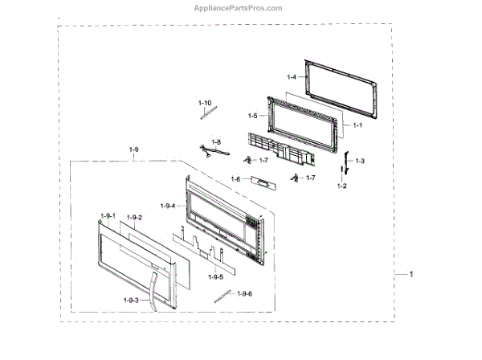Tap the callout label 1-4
pos(291,77)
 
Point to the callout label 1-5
pos(252,116)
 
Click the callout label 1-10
pos(205,103)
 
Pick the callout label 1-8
pos(216,141)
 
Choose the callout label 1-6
pos(235,178)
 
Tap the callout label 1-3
pos(361,162)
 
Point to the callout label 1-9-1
pos(109,216)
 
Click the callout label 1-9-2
pos(134,218)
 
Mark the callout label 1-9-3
pos(130,300)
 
